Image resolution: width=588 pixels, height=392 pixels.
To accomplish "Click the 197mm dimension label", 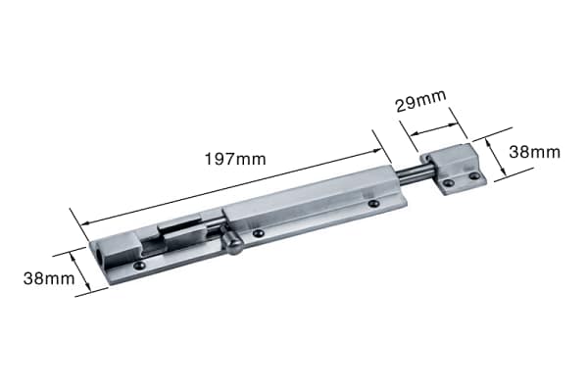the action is [x=235, y=159].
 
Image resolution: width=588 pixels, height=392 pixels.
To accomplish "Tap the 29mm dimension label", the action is [x=420, y=101].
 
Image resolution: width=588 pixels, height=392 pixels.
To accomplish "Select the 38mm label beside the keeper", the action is [x=534, y=152].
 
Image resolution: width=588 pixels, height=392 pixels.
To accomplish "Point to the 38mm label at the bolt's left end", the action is [x=49, y=278].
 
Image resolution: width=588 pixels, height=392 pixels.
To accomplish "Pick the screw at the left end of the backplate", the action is [x=139, y=266].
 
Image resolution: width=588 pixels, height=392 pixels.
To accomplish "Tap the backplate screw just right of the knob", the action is [x=258, y=233].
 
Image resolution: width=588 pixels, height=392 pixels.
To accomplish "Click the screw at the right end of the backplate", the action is [x=373, y=203].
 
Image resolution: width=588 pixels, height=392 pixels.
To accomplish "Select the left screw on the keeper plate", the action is [x=448, y=183].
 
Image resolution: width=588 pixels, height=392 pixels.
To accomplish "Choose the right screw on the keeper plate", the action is [x=474, y=175].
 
